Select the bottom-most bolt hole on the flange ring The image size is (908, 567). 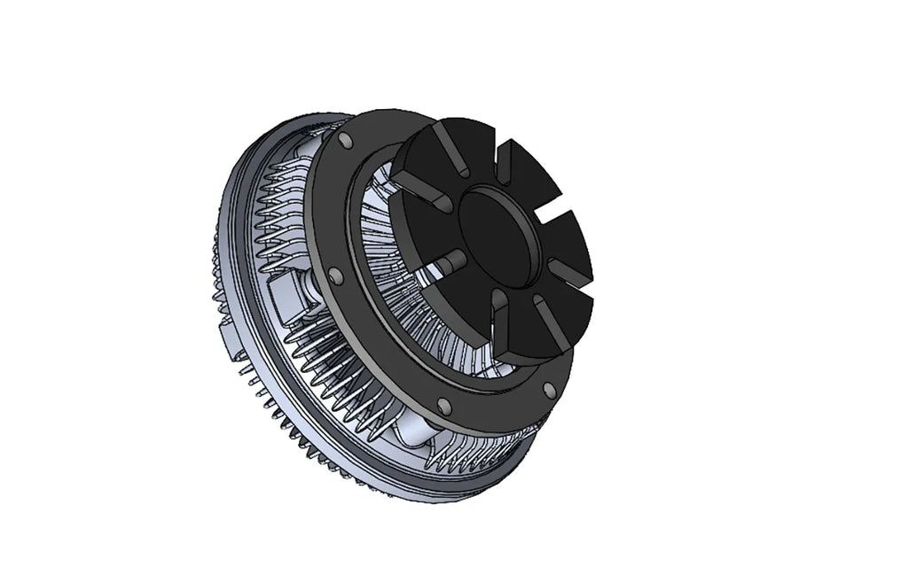coord(444,407)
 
